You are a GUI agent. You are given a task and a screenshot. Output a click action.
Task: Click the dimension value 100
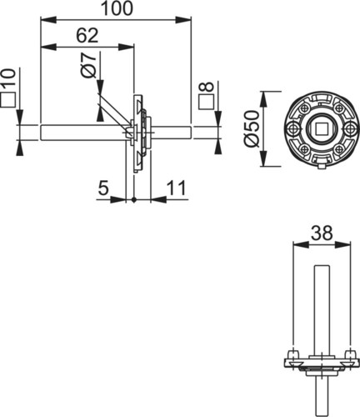(x=117, y=8)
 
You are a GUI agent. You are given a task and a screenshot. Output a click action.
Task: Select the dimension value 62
(x=87, y=36)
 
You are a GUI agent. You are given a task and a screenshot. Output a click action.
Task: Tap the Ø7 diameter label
(x=88, y=65)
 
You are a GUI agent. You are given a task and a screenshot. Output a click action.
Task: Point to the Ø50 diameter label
(x=252, y=128)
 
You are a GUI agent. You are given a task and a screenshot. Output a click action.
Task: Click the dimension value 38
(x=322, y=233)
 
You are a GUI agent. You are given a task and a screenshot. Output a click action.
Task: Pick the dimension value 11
(x=176, y=188)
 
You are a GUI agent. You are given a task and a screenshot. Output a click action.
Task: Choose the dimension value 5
(x=103, y=188)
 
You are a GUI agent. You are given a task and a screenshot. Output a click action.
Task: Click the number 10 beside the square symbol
(x=8, y=78)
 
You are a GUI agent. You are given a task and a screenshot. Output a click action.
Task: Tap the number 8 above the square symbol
(x=206, y=88)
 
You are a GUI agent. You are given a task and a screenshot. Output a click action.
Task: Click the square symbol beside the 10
(x=8, y=99)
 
